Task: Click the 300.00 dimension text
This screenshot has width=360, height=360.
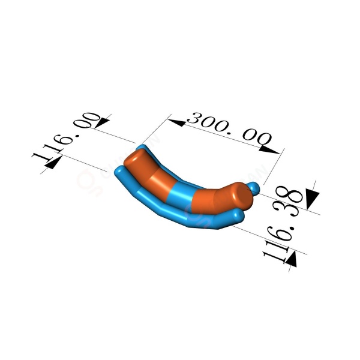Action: click(229, 130)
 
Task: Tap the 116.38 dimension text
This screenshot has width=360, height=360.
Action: click(283, 224)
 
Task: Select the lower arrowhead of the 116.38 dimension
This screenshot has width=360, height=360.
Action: click(291, 259)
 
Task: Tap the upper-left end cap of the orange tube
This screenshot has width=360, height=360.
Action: click(135, 157)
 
